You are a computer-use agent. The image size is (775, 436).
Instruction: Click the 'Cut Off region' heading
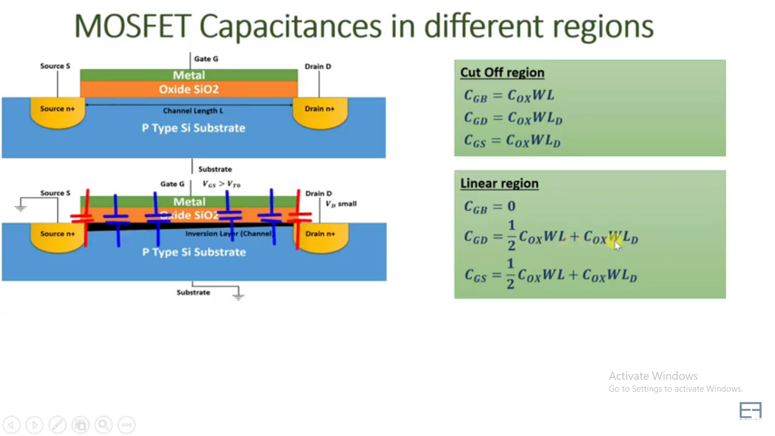coord(502,73)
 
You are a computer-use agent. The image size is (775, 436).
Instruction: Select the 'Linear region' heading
coord(499,183)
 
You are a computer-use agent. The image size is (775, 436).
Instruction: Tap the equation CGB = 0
coord(490,207)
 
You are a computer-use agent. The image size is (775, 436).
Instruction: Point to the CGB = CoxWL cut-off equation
coord(509,95)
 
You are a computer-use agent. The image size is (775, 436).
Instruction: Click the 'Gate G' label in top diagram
coord(206,58)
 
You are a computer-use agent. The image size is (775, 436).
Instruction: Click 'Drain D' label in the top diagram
coord(318,66)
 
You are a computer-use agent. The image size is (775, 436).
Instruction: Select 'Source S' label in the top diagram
coord(55,66)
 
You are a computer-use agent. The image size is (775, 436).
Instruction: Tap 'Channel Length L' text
coord(193,111)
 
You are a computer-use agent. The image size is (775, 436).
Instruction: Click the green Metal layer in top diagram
coord(189,75)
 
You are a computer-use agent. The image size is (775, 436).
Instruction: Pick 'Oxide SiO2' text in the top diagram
coord(188,89)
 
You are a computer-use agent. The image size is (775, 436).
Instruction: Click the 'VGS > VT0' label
coord(221,184)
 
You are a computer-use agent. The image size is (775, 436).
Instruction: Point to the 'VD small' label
coord(341,204)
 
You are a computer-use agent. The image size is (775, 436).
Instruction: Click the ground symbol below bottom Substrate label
coord(238,295)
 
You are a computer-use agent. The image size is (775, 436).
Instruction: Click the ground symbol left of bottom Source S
coord(20,208)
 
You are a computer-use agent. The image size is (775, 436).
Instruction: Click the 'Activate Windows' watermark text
coord(653,376)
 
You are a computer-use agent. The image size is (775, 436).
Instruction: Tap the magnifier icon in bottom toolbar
coord(103,425)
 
